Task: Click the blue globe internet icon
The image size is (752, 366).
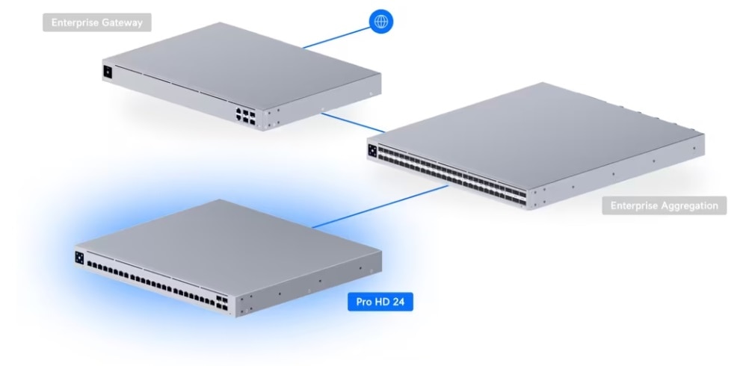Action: pos(381,22)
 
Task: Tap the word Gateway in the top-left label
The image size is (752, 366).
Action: pos(125,23)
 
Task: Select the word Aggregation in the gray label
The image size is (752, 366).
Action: pos(688,205)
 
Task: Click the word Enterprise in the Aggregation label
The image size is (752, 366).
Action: pos(634,205)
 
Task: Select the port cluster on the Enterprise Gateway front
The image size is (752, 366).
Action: pos(244,114)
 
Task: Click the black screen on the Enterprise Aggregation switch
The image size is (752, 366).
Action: pos(372,150)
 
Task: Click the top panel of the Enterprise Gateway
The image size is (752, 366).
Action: pos(239,63)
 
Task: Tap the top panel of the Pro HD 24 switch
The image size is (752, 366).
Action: pos(224,239)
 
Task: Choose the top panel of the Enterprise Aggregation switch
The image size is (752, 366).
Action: pos(538,127)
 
